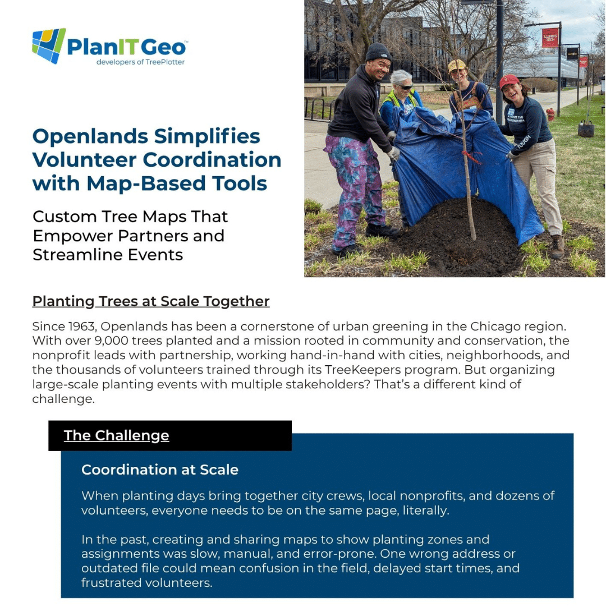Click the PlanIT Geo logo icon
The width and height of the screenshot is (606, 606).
tap(49, 45)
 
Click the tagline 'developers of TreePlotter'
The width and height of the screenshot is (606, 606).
tap(140, 62)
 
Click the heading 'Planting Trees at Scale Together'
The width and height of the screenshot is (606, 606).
tap(151, 301)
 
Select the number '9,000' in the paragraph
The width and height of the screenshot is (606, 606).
tap(116, 341)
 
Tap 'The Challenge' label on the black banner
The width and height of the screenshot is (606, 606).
tap(116, 435)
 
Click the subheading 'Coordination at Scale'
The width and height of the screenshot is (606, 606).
tap(160, 470)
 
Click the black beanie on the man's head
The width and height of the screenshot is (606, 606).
tap(378, 52)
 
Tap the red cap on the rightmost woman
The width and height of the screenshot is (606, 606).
tap(509, 81)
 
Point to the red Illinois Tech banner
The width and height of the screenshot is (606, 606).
tap(550, 38)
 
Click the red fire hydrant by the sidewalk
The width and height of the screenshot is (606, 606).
tap(550, 114)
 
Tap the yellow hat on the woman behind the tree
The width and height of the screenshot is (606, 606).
tap(457, 65)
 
